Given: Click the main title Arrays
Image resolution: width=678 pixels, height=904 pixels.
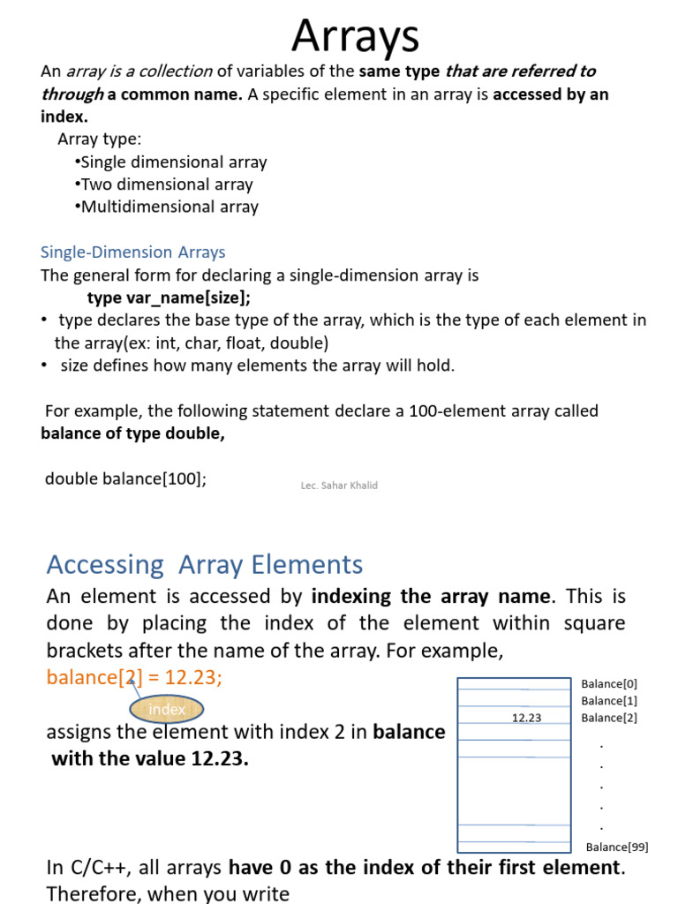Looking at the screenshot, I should click(355, 36).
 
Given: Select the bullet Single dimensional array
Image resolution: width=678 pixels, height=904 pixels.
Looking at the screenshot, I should click(173, 162).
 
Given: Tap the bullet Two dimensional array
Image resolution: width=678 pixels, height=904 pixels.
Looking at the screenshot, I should click(166, 185).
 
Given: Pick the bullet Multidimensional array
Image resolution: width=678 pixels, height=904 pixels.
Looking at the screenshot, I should click(169, 207).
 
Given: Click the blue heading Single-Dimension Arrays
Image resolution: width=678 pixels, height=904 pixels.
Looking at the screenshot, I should click(133, 252).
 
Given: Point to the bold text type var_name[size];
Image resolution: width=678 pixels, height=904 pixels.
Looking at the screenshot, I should click(175, 298).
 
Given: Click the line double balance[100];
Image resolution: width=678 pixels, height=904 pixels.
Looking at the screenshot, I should click(125, 478).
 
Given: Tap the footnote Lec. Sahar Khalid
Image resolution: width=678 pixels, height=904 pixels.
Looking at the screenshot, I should click(339, 486).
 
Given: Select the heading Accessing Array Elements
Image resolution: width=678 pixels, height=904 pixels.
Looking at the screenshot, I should click(204, 564).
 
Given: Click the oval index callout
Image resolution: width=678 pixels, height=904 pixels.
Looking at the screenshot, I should click(167, 709).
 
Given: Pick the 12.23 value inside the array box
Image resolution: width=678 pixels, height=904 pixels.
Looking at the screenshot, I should click(526, 718).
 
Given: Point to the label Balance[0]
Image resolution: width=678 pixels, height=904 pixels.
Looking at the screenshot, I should click(609, 683).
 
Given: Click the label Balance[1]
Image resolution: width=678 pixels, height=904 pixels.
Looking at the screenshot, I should click(609, 701).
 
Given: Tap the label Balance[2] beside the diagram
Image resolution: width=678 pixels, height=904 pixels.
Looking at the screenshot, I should click(609, 718).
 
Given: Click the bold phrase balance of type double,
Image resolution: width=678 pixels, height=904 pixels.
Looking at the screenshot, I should click(132, 433).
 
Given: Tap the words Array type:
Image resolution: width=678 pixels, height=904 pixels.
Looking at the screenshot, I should click(99, 139).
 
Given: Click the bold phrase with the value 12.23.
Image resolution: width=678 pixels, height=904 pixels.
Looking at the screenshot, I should click(150, 758).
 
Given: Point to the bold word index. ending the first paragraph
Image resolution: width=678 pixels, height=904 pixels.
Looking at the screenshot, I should click(64, 117).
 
